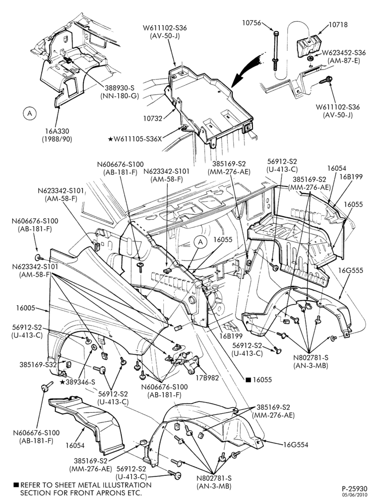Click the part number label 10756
pos(251,23)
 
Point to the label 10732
pos(153,118)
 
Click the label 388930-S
pos(119,87)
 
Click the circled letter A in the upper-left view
pos(30,113)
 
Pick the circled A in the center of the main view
pos(201,242)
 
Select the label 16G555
pos(352,270)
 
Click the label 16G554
pos(295,445)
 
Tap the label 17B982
pos(208,378)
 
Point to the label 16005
pos(25,308)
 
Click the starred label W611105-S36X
pos(135,139)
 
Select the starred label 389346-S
pos(78,382)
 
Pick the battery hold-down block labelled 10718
pos(309,46)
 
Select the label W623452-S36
pos(344,53)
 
